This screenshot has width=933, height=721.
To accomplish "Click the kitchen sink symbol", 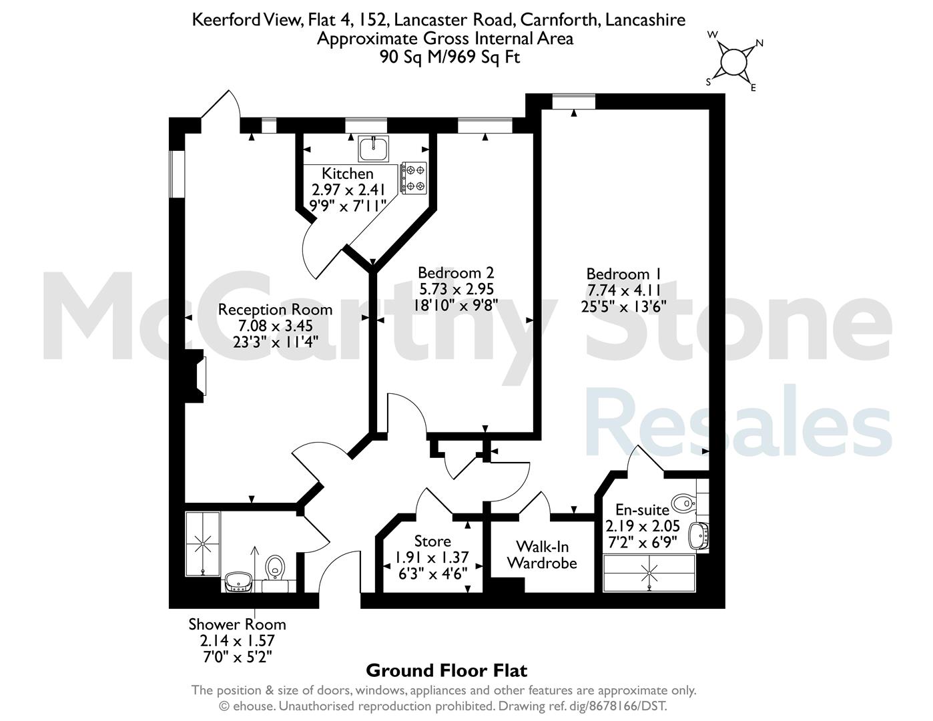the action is click(374, 149).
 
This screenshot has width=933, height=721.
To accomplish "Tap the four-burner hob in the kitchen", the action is click(414, 178).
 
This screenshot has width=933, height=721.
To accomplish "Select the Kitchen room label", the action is click(348, 174).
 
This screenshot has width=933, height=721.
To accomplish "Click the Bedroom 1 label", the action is click(624, 274).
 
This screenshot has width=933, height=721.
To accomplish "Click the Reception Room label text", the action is click(275, 310).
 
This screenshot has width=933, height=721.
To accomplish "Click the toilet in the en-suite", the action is click(683, 503).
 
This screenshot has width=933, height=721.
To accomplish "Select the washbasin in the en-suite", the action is click(698, 536).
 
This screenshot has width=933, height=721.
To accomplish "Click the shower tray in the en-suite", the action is click(649, 573).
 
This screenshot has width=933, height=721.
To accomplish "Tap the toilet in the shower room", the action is click(275, 569).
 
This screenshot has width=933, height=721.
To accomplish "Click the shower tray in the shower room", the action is click(203, 543).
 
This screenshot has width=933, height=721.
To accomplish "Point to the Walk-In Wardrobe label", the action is click(543, 555).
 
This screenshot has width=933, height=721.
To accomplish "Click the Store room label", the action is click(432, 541).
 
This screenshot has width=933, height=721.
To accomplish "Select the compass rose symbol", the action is click(733, 61).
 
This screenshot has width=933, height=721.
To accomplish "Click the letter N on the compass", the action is click(759, 43).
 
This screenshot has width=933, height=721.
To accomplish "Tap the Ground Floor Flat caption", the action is click(446, 670).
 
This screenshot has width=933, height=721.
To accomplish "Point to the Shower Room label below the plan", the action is click(238, 624).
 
